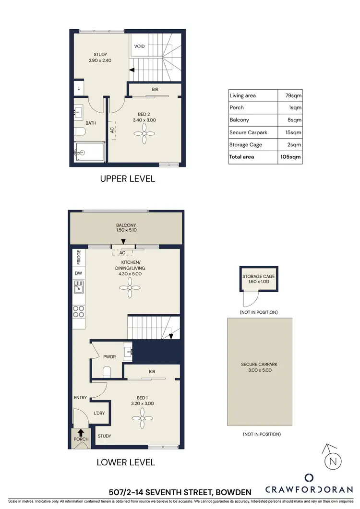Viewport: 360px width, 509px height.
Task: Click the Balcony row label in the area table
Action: (x=239, y=120)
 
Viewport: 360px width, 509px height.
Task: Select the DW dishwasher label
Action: (x=79, y=273)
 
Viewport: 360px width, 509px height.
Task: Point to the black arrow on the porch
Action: (x=81, y=432)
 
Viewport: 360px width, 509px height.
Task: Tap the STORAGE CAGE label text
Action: (x=259, y=276)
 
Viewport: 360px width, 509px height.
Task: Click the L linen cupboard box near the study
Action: (x=78, y=88)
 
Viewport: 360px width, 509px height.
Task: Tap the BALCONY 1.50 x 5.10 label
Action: (x=126, y=227)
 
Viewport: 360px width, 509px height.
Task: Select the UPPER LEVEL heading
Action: (x=127, y=179)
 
